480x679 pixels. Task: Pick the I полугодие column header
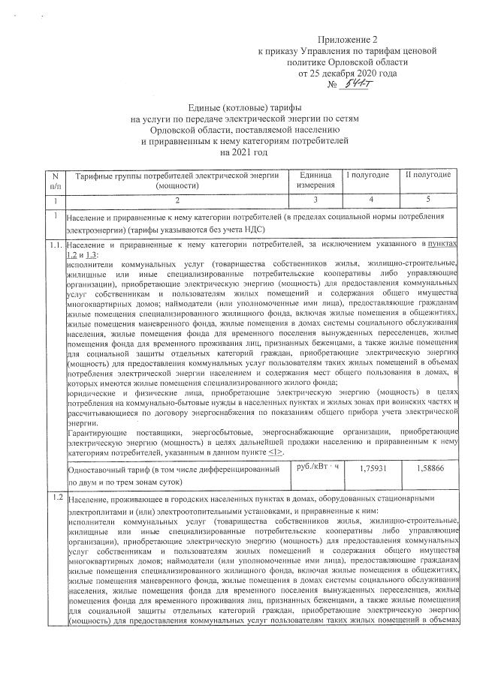click(367, 175)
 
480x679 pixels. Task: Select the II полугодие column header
click(428, 175)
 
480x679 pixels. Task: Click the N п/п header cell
click(54, 179)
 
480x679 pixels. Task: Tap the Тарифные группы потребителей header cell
click(177, 179)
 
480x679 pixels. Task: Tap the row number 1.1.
click(54, 245)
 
